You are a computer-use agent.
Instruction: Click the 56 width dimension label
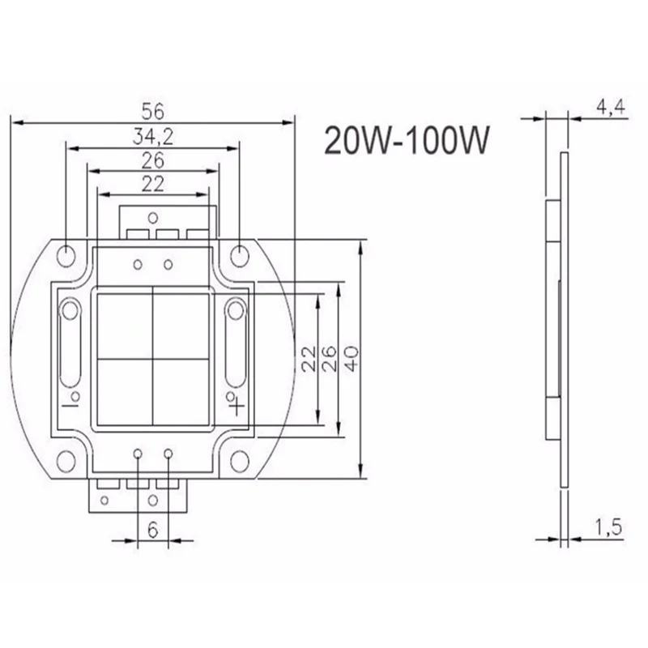coord(153,111)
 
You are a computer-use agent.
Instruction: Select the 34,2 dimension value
coord(153,136)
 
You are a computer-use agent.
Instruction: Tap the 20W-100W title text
coord(407,140)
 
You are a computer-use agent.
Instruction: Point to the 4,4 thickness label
coord(611,107)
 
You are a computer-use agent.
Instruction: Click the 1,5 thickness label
coord(608,527)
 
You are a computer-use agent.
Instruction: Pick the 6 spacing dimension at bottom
coord(153,530)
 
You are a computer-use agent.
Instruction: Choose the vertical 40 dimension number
coord(351,359)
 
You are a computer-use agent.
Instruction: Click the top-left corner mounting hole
coord(66,256)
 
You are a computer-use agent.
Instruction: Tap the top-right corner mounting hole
coord(239,256)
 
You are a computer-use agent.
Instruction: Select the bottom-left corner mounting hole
coord(66,462)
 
